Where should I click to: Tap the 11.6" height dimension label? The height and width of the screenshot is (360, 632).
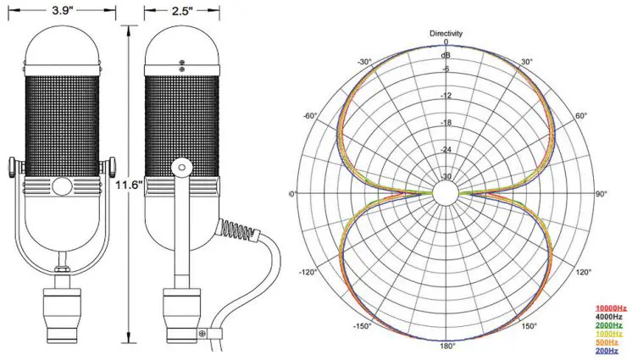click(x=127, y=181)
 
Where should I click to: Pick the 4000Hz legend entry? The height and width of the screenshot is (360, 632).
click(x=611, y=316)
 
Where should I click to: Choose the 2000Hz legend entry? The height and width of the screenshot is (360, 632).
click(x=611, y=324)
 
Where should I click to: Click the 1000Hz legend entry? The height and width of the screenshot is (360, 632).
click(x=611, y=334)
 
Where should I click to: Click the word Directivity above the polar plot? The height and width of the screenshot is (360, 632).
click(x=446, y=33)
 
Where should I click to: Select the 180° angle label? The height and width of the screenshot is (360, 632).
click(x=446, y=346)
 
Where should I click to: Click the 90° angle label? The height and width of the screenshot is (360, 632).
click(x=602, y=195)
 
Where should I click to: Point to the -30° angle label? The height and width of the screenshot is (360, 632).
click(x=365, y=62)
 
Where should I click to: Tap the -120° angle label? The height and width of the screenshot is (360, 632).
click(x=310, y=273)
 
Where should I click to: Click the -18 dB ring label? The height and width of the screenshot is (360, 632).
click(x=446, y=123)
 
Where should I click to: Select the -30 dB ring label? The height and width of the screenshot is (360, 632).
click(x=446, y=177)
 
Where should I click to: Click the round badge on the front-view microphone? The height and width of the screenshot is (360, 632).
click(x=63, y=186)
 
